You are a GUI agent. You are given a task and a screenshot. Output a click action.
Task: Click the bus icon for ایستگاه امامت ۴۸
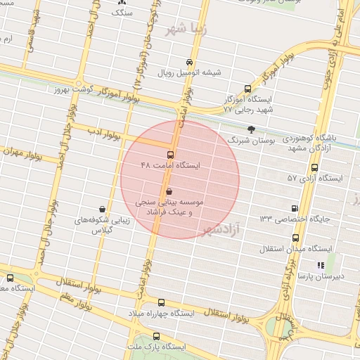(170, 155)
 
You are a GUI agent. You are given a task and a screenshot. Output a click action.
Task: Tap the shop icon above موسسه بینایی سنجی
(169, 191)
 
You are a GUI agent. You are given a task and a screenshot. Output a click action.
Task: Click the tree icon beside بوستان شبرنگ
(252, 129)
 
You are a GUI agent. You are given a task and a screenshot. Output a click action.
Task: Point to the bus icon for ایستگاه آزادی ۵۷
(314, 168)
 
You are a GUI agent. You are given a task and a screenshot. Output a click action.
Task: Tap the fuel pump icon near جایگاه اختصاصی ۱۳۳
(294, 208)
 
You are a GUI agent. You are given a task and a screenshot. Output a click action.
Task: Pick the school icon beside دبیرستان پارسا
(321, 265)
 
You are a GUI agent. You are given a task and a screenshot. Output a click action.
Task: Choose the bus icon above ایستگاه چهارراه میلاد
(162, 302)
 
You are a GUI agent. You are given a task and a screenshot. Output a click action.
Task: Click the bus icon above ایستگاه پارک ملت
(155, 336)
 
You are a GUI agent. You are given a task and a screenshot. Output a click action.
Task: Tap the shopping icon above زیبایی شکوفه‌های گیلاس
(103, 209)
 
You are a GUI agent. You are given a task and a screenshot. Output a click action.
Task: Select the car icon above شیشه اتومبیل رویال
(188, 62)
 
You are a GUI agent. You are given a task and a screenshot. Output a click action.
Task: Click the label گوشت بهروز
(72, 91)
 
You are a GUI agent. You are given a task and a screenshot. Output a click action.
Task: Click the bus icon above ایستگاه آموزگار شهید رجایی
(247, 89)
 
